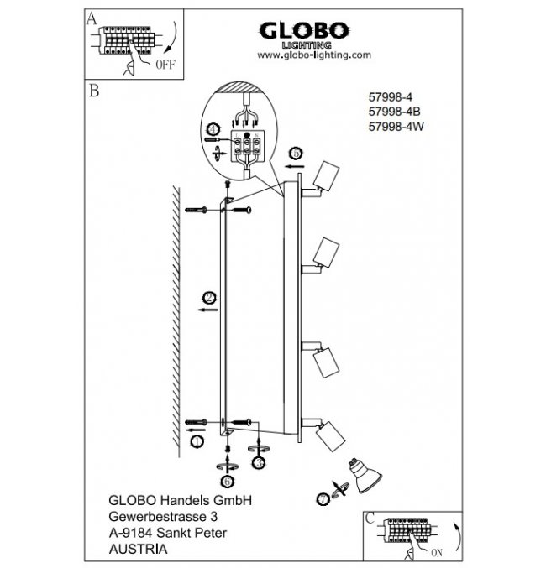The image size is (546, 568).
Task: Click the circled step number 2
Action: tap(210, 296)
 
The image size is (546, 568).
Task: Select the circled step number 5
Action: tap(296, 154)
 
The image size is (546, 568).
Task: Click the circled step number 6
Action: tap(227, 481)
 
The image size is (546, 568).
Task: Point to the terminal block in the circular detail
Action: tap(245, 148)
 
